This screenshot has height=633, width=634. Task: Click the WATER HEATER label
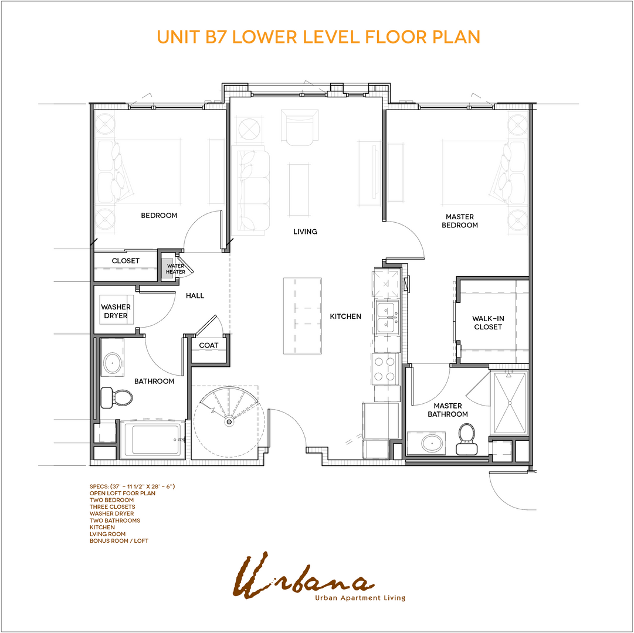coord(175,269)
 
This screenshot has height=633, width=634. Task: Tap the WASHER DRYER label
coord(116,311)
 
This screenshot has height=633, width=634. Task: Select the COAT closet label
coord(208,345)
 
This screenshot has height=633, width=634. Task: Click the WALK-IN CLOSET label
coord(488,323)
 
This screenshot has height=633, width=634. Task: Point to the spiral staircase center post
coord(228,421)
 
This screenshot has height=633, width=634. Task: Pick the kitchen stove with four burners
coord(385,369)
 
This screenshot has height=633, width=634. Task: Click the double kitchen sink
coord(386,318)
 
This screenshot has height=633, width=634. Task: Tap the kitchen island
coord(302,316)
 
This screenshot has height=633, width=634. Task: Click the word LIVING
coord(305,232)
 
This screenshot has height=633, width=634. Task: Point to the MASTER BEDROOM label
coord(460,221)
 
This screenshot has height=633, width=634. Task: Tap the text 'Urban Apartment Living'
coord(360,598)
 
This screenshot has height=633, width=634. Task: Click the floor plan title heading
coord(318,36)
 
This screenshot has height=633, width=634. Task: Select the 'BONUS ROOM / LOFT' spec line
coord(119,540)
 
